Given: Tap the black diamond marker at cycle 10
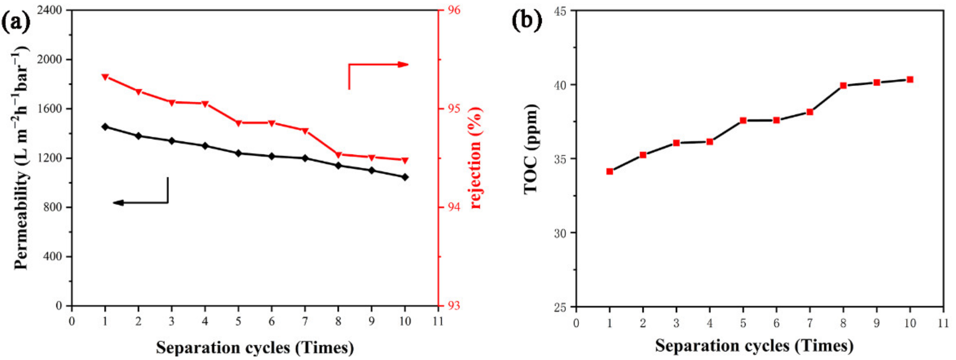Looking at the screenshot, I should click(x=405, y=177).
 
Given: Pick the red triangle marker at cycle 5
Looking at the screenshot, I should click(x=238, y=123).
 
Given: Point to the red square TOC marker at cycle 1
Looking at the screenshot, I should click(x=609, y=171).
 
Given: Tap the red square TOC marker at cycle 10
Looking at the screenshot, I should click(x=910, y=80).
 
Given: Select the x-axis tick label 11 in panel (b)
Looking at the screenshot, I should click(x=943, y=324).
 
